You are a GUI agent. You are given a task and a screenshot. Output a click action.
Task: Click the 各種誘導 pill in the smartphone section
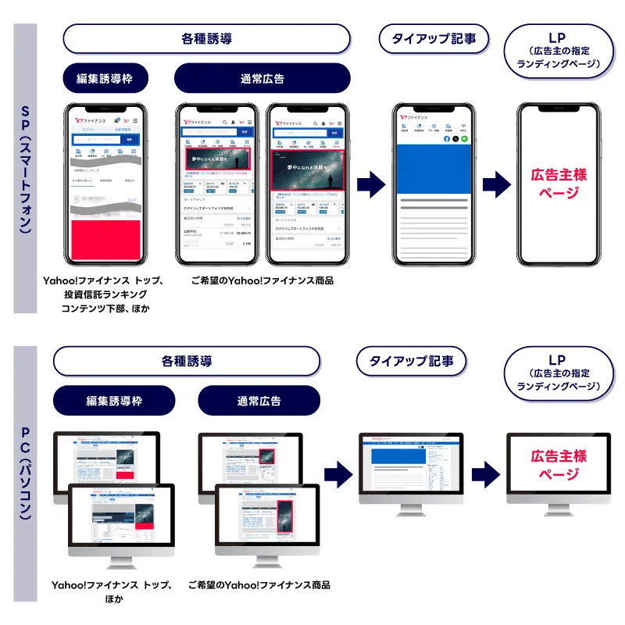tap(206, 38)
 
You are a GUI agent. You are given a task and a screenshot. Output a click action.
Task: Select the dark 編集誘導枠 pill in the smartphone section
tap(104, 79)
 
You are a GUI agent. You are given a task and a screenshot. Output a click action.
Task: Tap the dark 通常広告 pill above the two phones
tap(262, 79)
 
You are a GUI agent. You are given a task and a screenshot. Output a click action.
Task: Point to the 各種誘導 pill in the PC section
tap(187, 362)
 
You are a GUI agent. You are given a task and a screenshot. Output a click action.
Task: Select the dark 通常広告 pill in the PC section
tap(259, 401)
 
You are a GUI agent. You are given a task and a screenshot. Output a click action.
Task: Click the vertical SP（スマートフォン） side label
tap(25, 168)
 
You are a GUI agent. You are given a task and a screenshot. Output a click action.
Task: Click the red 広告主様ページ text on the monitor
tap(559, 465)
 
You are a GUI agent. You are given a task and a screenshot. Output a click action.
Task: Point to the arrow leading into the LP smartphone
tap(496, 185)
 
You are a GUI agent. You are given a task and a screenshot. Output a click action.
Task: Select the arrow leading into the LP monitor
tap(485, 473)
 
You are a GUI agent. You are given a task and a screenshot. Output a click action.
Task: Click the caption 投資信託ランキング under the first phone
tap(104, 295)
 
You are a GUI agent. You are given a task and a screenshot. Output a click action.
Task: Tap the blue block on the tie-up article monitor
tap(398, 455)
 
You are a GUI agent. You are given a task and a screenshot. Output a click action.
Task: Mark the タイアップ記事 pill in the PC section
tap(411, 361)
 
